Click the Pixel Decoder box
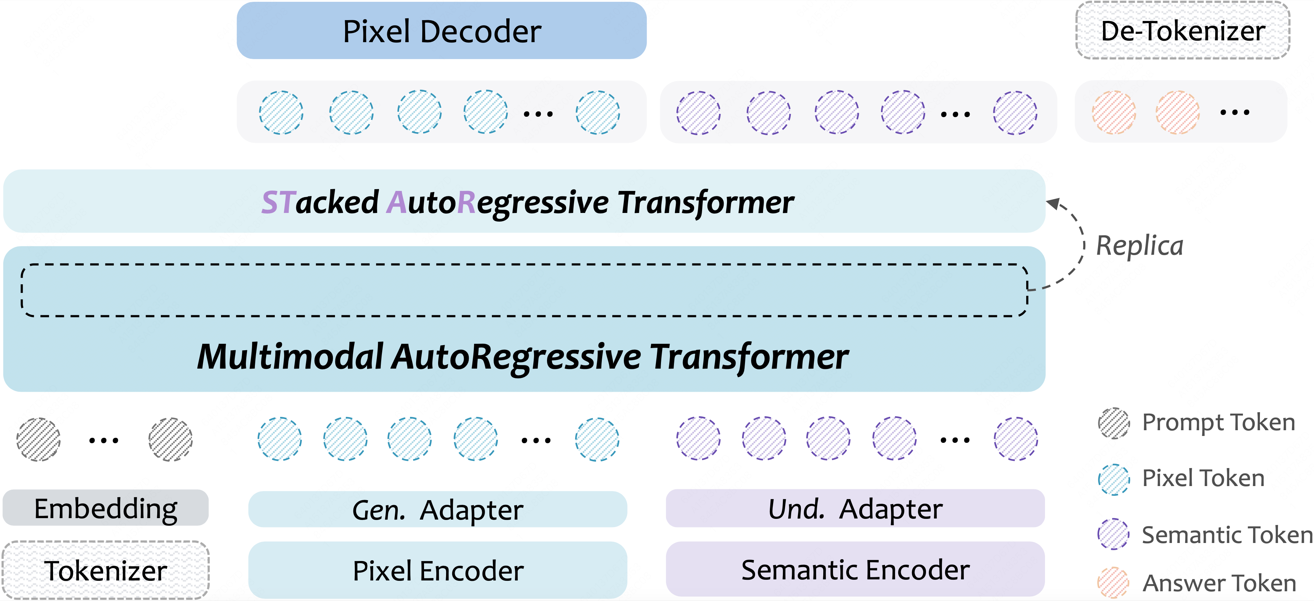[441, 31]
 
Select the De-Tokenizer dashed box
[1182, 31]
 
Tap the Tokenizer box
[106, 570]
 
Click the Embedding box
[106, 508]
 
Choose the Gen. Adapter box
[437, 509]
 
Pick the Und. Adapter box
[855, 508]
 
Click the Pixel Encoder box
[437, 570]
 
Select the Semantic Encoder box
[855, 569]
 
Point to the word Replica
[1139, 246]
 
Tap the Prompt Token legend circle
[1114, 423]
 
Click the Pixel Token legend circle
[1114, 479]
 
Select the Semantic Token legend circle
[1114, 534]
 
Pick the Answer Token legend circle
[1114, 582]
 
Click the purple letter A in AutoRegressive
[396, 202]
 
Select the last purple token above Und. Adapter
[1015, 439]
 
